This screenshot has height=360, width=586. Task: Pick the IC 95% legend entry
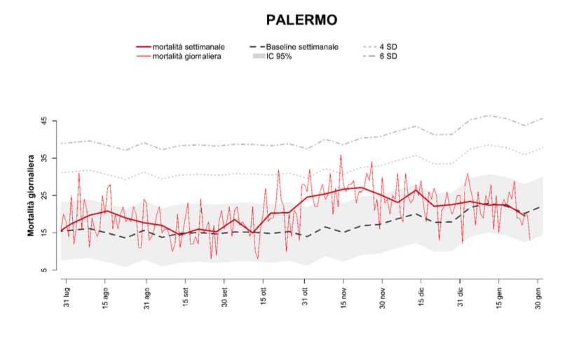(279, 56)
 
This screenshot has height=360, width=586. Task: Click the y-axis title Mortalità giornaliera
(32, 195)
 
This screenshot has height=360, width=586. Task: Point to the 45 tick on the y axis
(43, 121)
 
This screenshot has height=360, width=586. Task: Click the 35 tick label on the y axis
(43, 158)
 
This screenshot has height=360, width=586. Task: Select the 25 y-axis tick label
(43, 195)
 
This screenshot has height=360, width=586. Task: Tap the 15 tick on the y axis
(43, 233)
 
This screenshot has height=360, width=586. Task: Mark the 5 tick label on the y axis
(43, 270)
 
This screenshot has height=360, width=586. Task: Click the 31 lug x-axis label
(67, 298)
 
